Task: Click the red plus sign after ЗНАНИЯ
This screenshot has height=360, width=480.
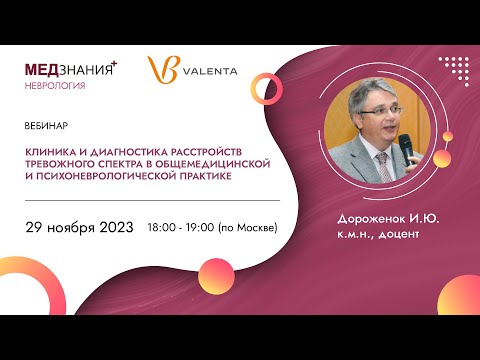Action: (114, 63)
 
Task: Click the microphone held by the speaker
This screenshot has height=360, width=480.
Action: (406, 147)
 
